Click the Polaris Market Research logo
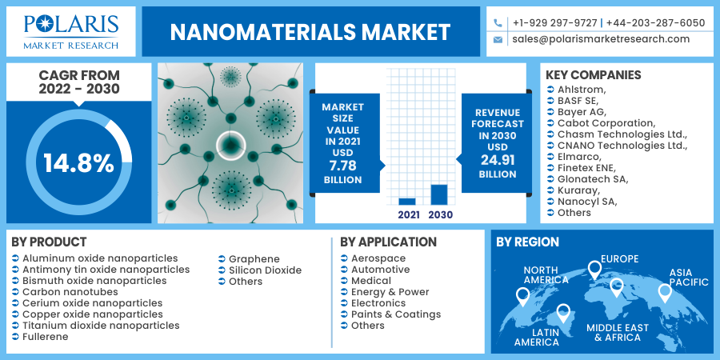coord(71,31)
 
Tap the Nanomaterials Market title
coord(310,32)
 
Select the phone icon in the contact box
coord(498,23)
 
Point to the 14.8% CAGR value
coord(78,163)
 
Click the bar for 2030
coord(438,194)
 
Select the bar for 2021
coord(407,201)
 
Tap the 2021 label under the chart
coord(407,214)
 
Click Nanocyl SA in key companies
coord(586,202)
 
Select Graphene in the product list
coord(254,259)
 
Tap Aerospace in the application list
coord(378,259)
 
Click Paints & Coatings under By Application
coord(396,314)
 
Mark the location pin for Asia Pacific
coord(665,294)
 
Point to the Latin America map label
coord(536,337)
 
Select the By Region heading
coord(528,242)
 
